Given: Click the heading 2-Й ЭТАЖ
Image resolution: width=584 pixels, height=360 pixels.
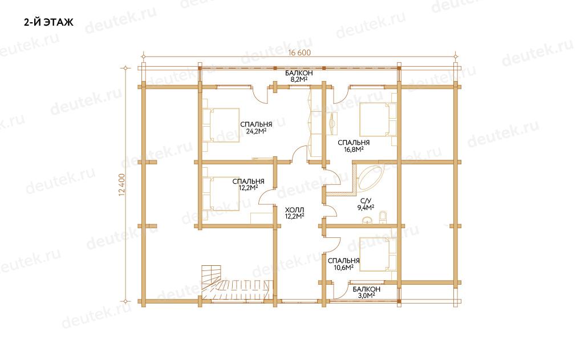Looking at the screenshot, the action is [49, 22].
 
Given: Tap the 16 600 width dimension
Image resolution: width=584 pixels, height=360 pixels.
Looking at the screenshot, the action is [299, 53].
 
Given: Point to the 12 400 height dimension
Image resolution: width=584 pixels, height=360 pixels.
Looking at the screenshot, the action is [123, 184].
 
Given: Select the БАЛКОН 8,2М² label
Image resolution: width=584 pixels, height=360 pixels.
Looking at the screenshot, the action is [299, 76].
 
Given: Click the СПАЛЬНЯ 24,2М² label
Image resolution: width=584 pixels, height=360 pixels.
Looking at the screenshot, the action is [256, 127].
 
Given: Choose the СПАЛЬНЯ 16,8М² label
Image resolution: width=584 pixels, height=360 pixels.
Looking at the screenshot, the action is [354, 145].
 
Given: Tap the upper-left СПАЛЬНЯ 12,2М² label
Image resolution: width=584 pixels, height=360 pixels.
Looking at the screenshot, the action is [248, 184].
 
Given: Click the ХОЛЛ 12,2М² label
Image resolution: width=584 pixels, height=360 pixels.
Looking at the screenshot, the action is [295, 213].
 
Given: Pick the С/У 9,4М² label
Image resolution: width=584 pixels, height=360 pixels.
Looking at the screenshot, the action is [366, 204].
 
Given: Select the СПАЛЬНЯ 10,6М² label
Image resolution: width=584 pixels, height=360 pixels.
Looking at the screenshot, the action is [343, 264].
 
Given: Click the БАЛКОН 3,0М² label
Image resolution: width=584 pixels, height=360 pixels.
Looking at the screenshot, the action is [367, 292].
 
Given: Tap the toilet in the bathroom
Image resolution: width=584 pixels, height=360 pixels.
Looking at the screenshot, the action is [383, 217].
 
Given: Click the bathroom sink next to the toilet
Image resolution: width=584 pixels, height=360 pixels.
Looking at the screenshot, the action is [368, 220].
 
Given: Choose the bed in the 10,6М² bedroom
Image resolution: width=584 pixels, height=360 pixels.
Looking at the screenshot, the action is [378, 254].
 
